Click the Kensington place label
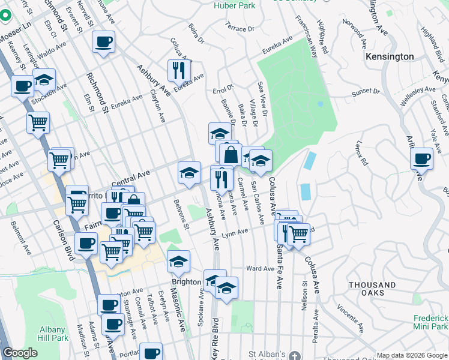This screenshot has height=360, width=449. [390, 56]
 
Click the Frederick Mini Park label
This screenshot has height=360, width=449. [431, 322]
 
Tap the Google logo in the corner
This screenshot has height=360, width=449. [20, 353]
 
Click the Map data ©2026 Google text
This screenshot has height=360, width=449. [412, 355]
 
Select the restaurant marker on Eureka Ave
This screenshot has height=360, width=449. [178, 71]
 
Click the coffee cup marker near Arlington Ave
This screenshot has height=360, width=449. [422, 159]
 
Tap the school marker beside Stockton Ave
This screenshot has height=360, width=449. [44, 80]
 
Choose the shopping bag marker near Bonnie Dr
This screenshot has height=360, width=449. [230, 154]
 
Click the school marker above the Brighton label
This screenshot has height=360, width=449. [178, 261]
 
